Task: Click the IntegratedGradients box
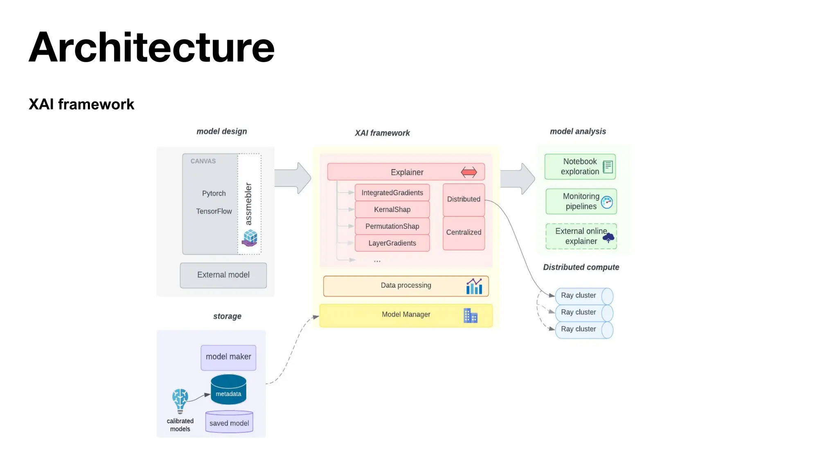(392, 193)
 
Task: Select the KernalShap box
(392, 209)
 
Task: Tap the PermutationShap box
(392, 226)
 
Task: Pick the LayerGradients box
(392, 243)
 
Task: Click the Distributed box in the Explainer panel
(464, 200)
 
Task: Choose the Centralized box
(464, 233)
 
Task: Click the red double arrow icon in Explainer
(469, 172)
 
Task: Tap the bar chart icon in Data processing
(474, 286)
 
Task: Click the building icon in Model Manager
(470, 316)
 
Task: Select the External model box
(223, 275)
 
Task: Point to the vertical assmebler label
(248, 204)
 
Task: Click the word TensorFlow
(214, 211)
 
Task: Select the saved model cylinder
(229, 422)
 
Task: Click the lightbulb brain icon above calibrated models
(180, 400)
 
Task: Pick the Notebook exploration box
(580, 167)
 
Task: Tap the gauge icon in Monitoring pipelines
(607, 202)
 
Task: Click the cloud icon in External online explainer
(608, 238)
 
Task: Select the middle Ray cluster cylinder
(583, 313)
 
